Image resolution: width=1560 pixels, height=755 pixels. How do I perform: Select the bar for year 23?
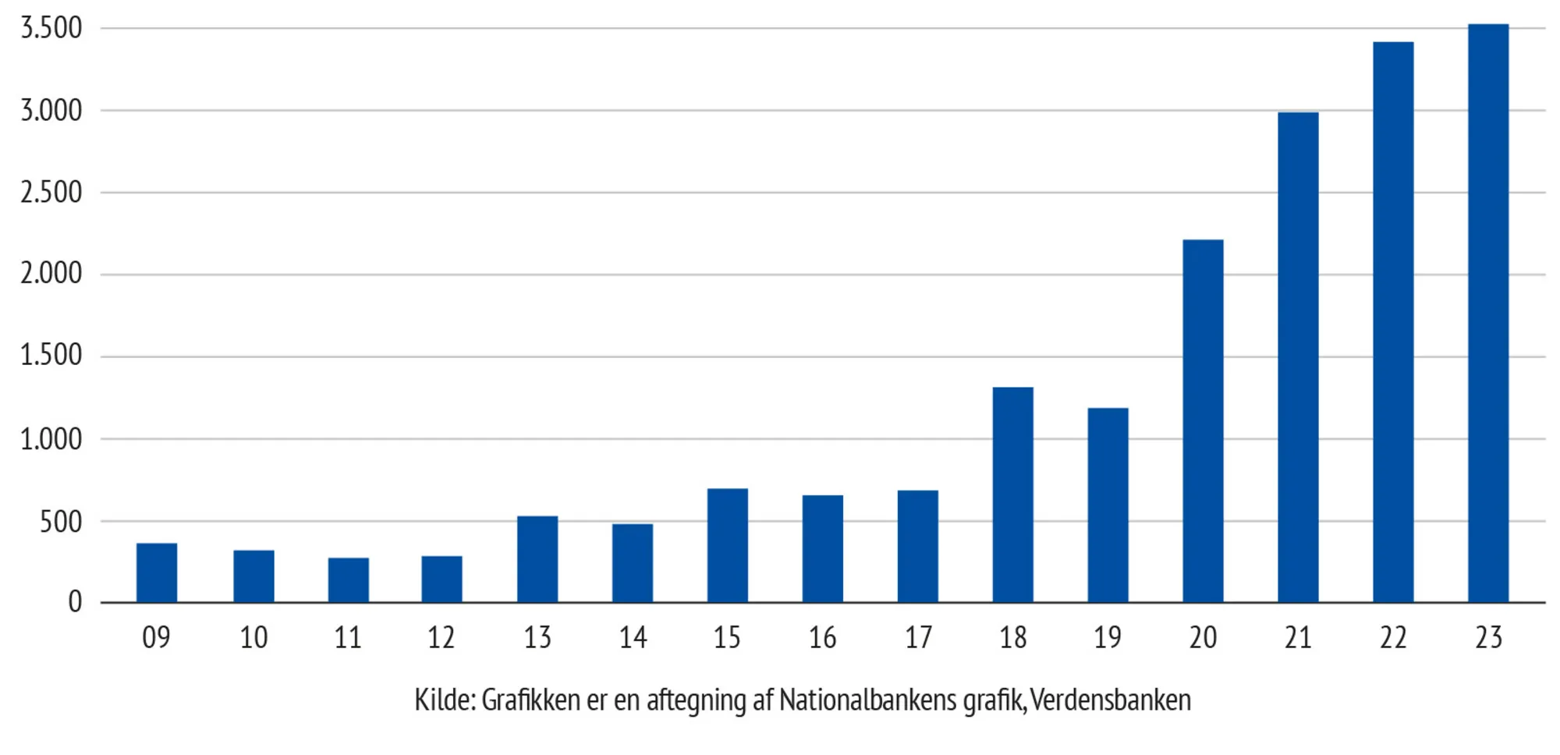click(1488, 314)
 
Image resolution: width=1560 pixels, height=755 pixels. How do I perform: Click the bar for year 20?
click(1203, 421)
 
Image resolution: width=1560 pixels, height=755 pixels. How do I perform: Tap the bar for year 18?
click(1012, 494)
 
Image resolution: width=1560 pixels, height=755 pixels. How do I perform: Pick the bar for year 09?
click(157, 572)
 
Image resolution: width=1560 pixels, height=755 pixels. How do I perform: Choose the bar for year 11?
click(348, 580)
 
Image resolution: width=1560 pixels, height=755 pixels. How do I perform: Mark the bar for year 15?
click(727, 545)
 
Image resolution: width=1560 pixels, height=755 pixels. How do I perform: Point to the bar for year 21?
click(1298, 357)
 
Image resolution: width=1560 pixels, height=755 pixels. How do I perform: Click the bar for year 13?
click(537, 558)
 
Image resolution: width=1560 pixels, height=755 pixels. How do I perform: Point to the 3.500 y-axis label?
click(51, 28)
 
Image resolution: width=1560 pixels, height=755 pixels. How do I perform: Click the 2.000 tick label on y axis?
click(51, 274)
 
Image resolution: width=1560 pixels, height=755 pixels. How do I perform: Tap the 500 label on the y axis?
click(61, 522)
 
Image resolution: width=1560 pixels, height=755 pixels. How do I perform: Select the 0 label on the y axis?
click(75, 602)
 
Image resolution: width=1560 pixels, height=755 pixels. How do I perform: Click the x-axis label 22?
click(1393, 638)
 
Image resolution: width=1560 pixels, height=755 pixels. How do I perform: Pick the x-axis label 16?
click(822, 638)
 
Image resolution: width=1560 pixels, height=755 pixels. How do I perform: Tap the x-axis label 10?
click(253, 638)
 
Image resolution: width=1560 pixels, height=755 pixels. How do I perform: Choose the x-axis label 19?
click(1108, 638)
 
